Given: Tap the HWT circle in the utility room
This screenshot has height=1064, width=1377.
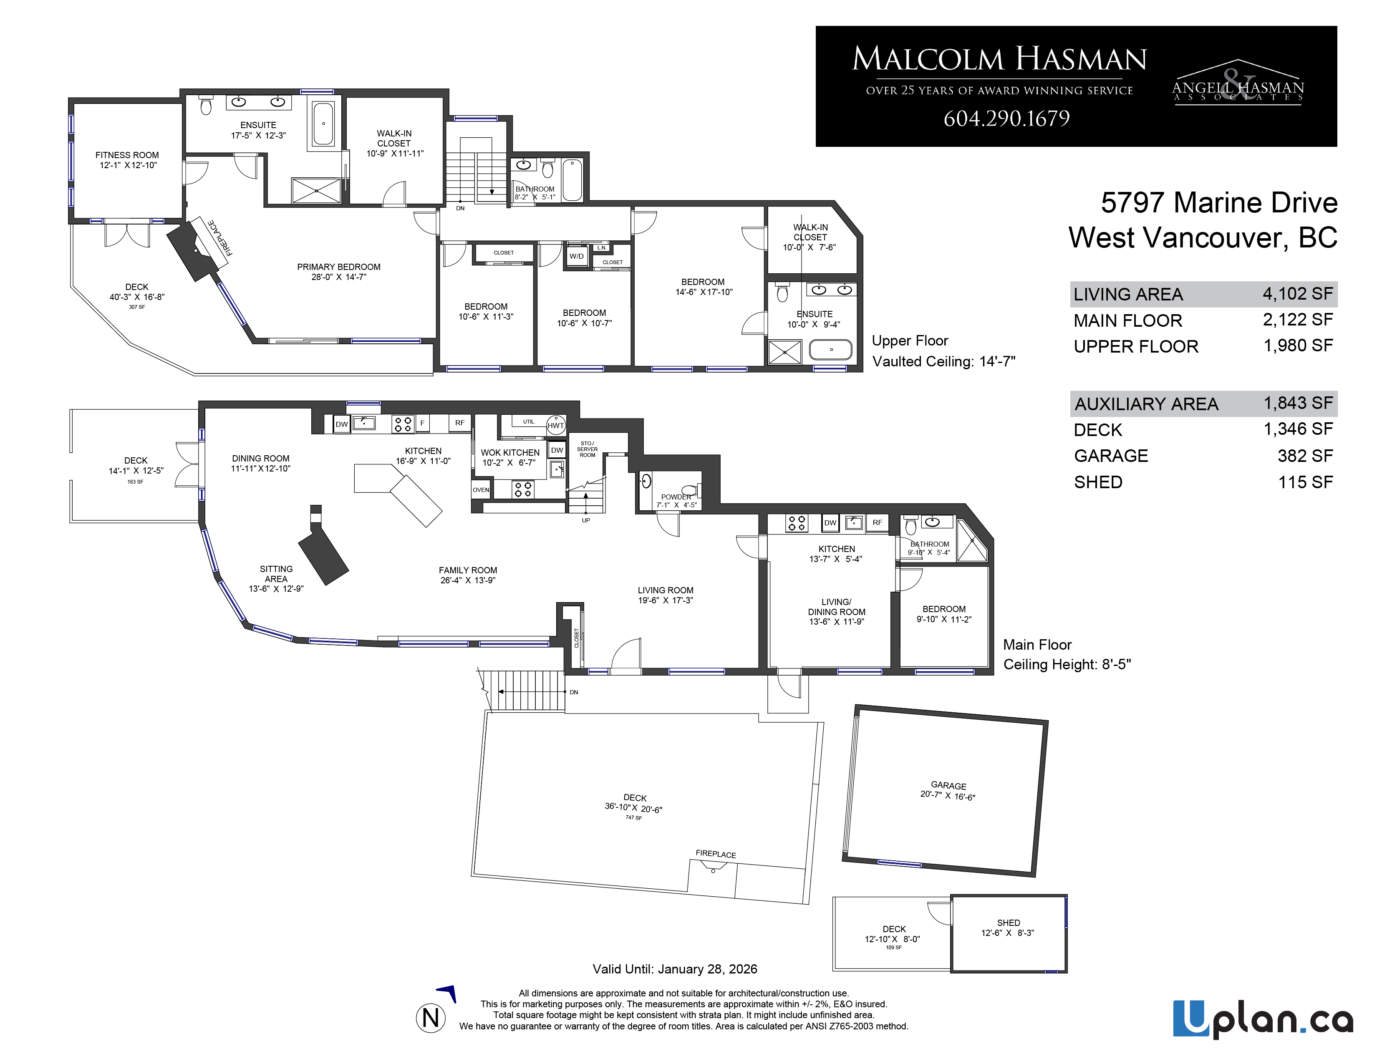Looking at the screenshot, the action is click(x=555, y=425).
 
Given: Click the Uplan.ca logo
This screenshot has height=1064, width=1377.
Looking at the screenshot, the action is click(x=1263, y=1019).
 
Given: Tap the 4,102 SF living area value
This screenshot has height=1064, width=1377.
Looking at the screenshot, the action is click(x=1298, y=294).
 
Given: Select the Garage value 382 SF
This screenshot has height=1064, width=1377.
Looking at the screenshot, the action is click(x=1305, y=456).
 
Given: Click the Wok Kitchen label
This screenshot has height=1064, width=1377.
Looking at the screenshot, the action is click(x=510, y=453).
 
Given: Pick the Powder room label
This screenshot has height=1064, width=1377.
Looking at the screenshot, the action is click(x=676, y=497).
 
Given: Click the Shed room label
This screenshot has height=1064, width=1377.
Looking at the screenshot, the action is click(x=1008, y=923).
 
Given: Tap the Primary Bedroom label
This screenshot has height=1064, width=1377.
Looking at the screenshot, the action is click(x=338, y=267).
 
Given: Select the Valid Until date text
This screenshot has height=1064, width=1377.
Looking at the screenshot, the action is click(x=675, y=969).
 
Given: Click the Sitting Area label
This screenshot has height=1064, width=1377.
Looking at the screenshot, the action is click(x=276, y=574).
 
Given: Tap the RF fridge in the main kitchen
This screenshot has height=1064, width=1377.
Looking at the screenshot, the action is click(x=460, y=423).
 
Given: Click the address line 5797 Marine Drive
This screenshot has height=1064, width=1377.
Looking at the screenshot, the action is click(x=1219, y=203).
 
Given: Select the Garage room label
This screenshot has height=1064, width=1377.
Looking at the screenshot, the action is click(x=948, y=785).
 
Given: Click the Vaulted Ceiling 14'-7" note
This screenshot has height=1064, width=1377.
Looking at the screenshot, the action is click(x=944, y=362).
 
